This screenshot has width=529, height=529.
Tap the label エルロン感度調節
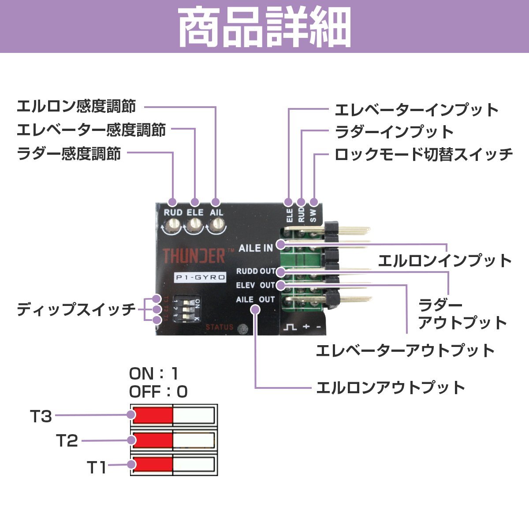(x=76, y=107)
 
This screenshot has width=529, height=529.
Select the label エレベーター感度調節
(x=91, y=130)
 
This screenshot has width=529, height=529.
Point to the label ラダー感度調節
(x=69, y=154)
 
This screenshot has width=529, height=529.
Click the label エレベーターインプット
(x=417, y=110)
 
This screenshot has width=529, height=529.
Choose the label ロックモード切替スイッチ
(x=424, y=154)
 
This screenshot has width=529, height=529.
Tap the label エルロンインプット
(x=445, y=261)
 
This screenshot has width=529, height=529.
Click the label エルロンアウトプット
(x=391, y=388)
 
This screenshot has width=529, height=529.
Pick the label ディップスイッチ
(x=76, y=309)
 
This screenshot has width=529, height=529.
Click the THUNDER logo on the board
(x=194, y=256)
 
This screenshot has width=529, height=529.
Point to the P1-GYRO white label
(x=200, y=278)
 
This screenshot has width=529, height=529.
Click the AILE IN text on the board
(x=256, y=248)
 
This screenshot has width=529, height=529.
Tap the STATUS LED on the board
(x=242, y=328)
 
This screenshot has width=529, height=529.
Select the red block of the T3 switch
(x=153, y=415)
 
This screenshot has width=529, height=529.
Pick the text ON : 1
(x=154, y=374)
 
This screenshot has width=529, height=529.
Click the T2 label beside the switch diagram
(x=67, y=440)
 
